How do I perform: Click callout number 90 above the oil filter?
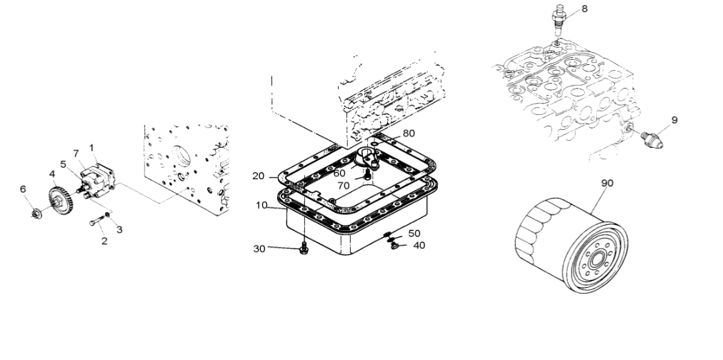(x=607, y=183)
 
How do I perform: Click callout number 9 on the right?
(x=674, y=120)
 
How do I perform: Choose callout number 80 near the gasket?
(x=409, y=133)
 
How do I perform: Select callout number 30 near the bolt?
(x=260, y=249)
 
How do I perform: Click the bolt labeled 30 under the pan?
(x=304, y=249)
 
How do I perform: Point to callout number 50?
(x=414, y=233)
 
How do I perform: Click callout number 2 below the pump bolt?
(x=104, y=241)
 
